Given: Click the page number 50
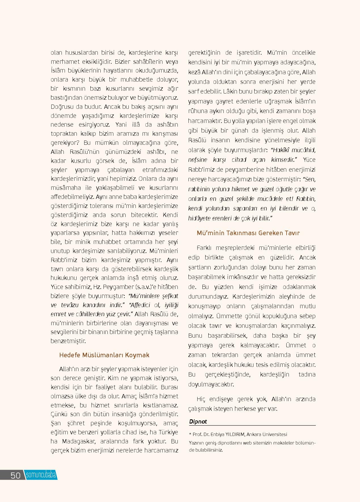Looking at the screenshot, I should click(15, 475).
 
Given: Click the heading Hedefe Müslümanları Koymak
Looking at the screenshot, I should click(104, 355).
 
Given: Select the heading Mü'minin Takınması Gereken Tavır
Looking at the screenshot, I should click(248, 233).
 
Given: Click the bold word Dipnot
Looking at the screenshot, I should click(198, 422).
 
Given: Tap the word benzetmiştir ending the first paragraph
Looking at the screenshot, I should click(68, 341).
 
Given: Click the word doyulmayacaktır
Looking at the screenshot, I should click(211, 384).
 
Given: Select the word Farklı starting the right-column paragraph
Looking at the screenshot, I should click(204, 248).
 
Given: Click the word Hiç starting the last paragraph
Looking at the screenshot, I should click(201, 399).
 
